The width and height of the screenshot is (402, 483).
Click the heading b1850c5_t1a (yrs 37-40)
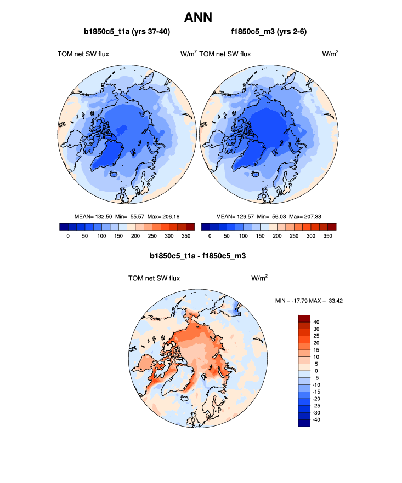(127, 32)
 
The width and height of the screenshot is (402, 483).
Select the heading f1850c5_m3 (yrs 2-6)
(269, 32)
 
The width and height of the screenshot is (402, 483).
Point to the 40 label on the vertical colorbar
(316, 322)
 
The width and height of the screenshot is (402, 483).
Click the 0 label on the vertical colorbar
(317, 371)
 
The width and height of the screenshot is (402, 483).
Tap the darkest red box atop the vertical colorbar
(304, 318)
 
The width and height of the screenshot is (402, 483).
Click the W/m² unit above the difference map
(259, 278)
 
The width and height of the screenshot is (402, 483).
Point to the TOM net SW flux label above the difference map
(154, 278)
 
